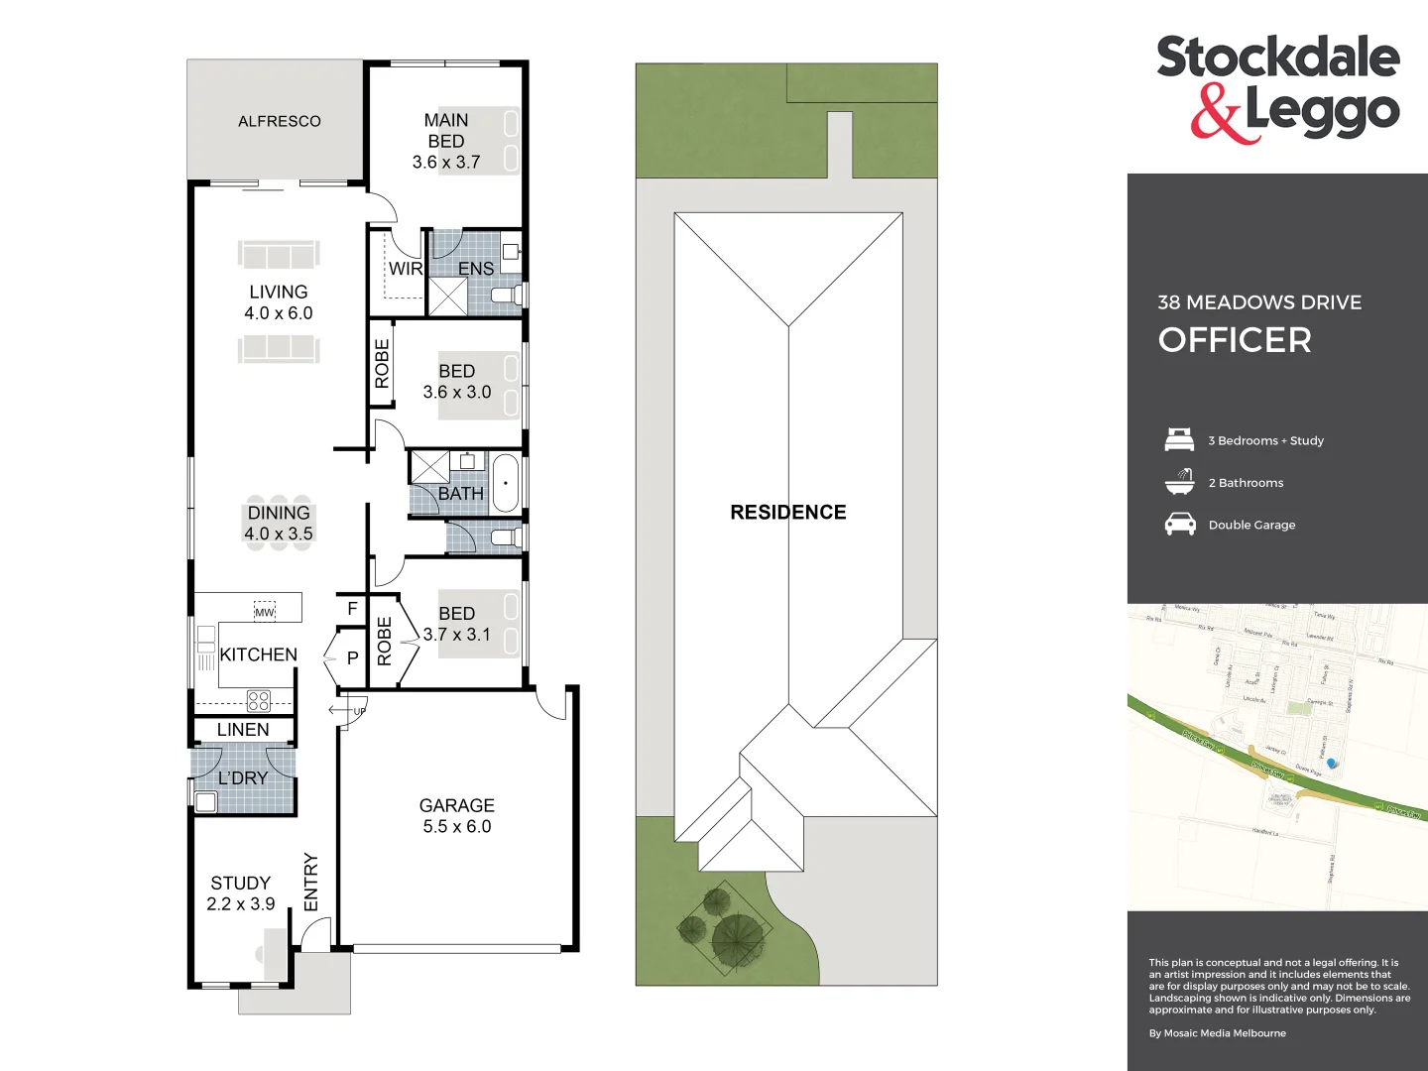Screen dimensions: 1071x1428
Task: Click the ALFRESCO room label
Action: pyautogui.click(x=279, y=121)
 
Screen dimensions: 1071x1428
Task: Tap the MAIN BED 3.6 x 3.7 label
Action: pyautogui.click(x=446, y=141)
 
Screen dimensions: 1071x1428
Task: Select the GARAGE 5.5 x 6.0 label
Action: pyautogui.click(x=456, y=816)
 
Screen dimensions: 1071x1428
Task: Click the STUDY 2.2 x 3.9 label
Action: pyautogui.click(x=240, y=893)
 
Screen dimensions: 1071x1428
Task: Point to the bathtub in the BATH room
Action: pyautogui.click(x=506, y=483)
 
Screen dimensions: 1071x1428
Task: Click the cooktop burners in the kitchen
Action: pyautogui.click(x=259, y=701)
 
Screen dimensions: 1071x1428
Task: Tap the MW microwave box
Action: pyautogui.click(x=264, y=612)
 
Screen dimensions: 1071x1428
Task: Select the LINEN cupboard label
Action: pyautogui.click(x=243, y=730)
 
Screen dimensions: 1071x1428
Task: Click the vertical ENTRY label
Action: pyautogui.click(x=310, y=882)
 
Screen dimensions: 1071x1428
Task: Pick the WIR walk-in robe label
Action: pyautogui.click(x=405, y=269)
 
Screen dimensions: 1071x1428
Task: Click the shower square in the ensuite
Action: pyautogui.click(x=447, y=297)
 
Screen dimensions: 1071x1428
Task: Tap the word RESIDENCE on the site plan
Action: pyautogui.click(x=788, y=513)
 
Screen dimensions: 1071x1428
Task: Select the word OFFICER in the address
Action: pyautogui.click(x=1235, y=340)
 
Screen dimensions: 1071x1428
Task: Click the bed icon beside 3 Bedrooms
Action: pyautogui.click(x=1179, y=439)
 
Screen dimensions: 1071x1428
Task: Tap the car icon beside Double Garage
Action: pyautogui.click(x=1179, y=525)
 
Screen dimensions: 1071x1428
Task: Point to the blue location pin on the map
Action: pyautogui.click(x=1332, y=763)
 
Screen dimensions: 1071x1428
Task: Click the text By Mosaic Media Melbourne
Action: pyautogui.click(x=1217, y=1033)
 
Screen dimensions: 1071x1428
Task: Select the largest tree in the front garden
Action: pyautogui.click(x=738, y=938)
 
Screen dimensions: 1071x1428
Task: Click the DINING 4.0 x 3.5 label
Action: pyautogui.click(x=279, y=524)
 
